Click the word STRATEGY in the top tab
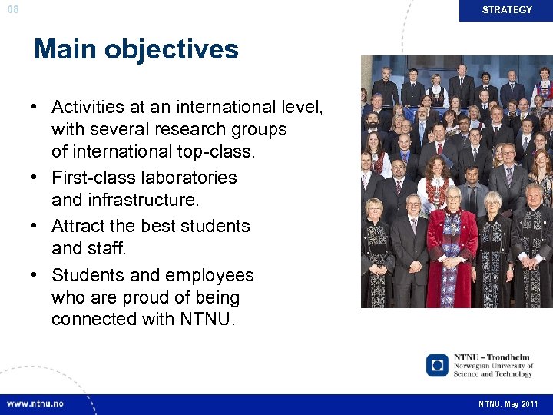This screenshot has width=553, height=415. [x=507, y=10]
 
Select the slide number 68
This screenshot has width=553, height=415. [x=12, y=8]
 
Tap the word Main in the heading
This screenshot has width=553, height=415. [x=65, y=49]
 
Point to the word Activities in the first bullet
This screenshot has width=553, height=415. [x=88, y=107]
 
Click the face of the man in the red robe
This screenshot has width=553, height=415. [x=453, y=198]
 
